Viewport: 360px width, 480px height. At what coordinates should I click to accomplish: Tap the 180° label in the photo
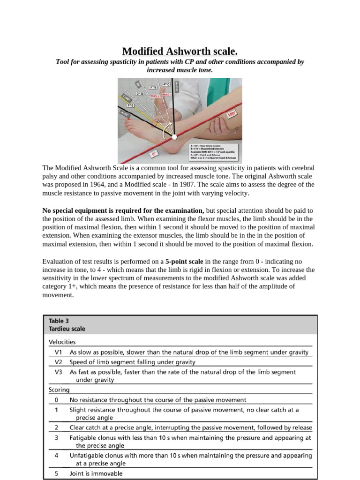[231, 114]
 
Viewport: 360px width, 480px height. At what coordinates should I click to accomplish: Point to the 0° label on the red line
[154, 153]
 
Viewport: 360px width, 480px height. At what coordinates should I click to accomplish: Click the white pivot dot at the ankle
[174, 137]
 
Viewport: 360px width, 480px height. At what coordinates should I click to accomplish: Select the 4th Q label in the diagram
[166, 84]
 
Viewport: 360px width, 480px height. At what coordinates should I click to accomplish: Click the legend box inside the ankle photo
[215, 152]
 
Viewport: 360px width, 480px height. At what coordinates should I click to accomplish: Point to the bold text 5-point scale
[183, 262]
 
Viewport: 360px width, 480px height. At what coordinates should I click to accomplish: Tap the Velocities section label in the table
[62, 342]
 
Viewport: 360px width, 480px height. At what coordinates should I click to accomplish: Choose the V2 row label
[58, 362]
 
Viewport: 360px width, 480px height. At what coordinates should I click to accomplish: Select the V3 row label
[58, 372]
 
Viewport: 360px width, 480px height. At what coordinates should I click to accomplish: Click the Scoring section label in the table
[59, 390]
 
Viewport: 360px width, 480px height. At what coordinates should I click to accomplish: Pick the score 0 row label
[56, 400]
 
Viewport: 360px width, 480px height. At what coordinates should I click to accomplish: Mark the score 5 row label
[56, 473]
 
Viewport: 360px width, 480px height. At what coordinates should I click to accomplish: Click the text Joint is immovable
[96, 473]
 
